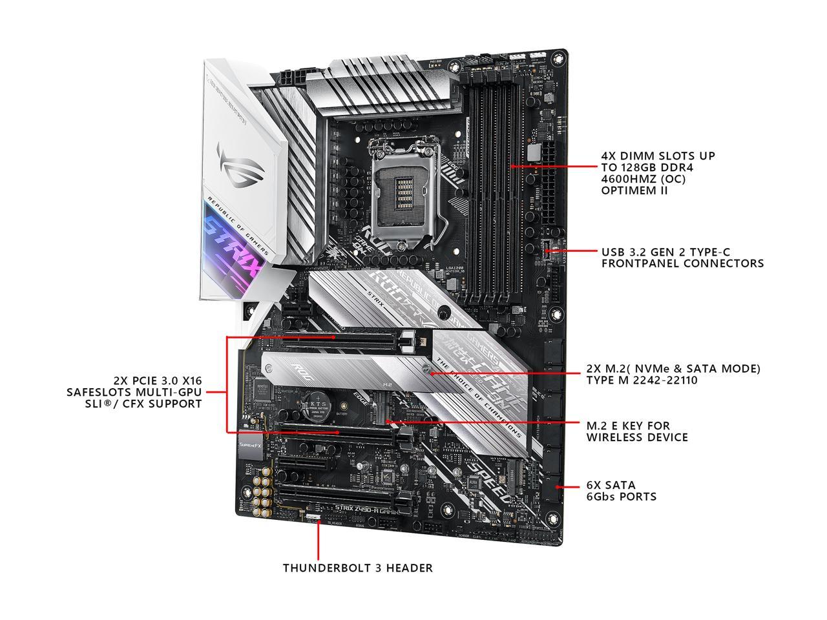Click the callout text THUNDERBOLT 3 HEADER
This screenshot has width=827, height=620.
pyautogui.click(x=357, y=568)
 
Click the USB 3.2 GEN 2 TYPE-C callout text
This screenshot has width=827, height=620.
pyautogui.click(x=682, y=258)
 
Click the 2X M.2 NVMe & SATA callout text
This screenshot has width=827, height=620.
pyautogui.click(x=673, y=374)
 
